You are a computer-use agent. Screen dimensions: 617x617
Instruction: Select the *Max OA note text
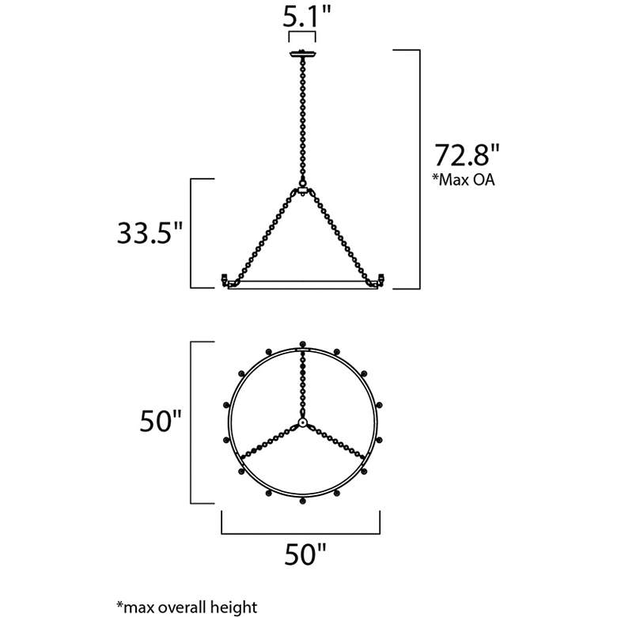tap(463, 180)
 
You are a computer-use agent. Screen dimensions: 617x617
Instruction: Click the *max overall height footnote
tap(187, 608)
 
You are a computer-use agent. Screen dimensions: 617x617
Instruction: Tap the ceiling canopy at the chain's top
tap(302, 54)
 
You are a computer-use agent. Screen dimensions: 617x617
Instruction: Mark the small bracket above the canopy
tap(302, 37)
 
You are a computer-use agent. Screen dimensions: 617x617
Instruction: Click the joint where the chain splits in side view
tap(302, 190)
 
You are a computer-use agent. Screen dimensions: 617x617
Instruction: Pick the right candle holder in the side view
tap(380, 278)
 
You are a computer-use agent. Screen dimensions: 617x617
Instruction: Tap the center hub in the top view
tap(302, 424)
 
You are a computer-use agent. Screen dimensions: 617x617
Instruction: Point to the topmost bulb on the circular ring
tap(302, 344)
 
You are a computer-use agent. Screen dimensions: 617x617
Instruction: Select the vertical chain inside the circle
tap(302, 384)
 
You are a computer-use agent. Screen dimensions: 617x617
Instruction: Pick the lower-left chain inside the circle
tap(269, 442)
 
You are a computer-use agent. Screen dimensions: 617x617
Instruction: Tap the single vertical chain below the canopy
tap(302, 119)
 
